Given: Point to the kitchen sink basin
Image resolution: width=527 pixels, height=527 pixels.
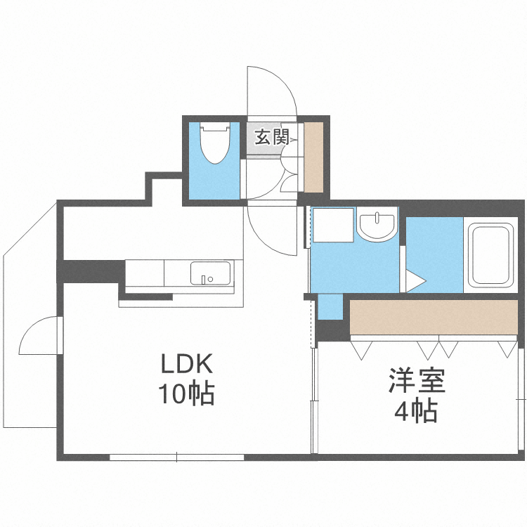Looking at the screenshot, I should pos(211,273).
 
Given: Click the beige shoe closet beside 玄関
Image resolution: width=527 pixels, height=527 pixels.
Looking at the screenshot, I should pos(313,157).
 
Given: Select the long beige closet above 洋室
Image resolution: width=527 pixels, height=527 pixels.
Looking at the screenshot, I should pos(433,318).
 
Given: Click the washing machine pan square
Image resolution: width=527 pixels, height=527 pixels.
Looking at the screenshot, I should pos(332,226).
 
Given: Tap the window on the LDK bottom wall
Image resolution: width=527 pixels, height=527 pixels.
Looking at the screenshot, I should pos(176,457).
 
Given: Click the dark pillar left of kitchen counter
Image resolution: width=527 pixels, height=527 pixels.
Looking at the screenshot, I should pos(91,271).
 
